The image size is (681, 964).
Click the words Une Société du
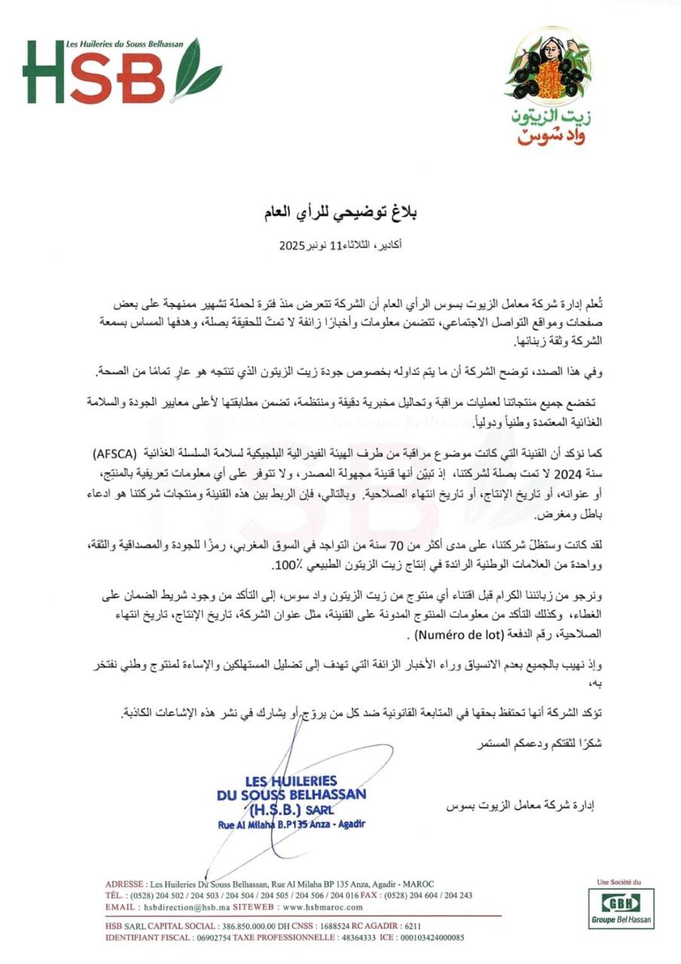(x=617, y=880)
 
